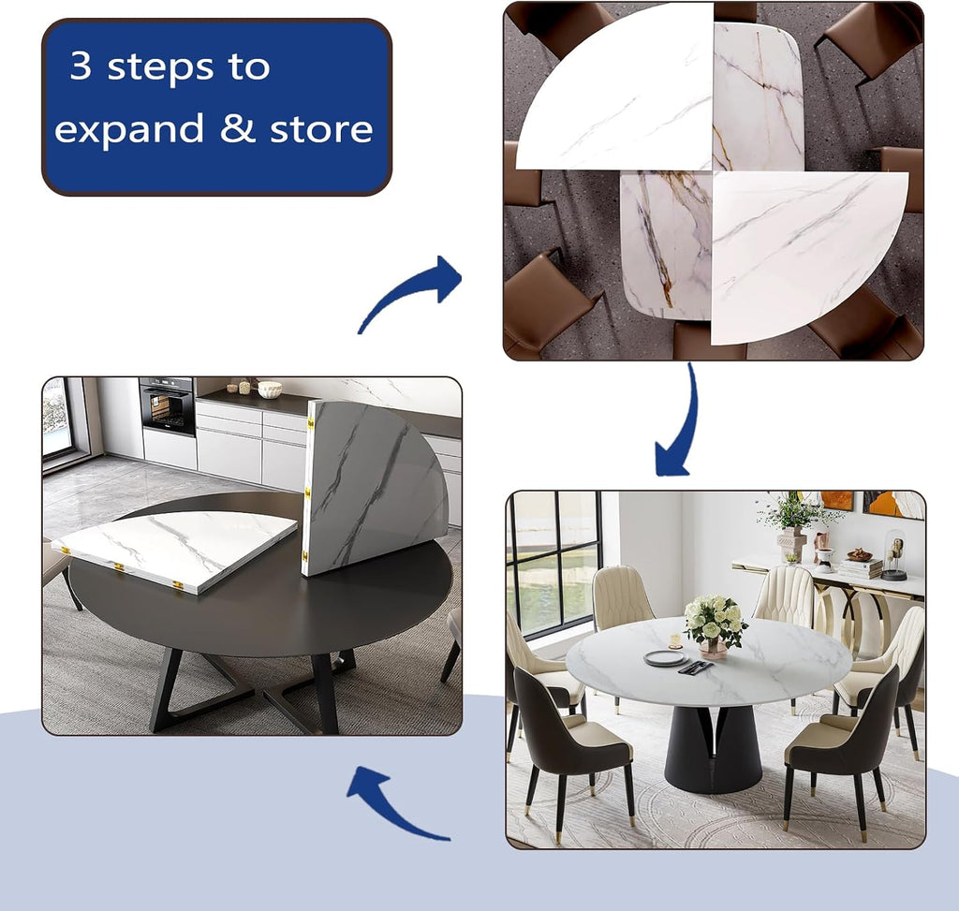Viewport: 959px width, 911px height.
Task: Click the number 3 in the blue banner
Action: [x=81, y=66]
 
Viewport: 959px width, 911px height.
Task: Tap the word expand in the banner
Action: [x=128, y=128]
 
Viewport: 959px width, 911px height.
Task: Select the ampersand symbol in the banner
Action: [x=237, y=127]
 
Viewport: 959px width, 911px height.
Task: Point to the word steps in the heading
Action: [x=161, y=66]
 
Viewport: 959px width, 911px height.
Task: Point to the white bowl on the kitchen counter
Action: [x=269, y=389]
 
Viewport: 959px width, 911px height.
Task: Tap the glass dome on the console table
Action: [x=893, y=555]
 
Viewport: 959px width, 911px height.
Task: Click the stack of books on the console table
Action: [x=862, y=568]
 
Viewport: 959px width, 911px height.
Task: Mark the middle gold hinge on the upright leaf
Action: [x=307, y=490]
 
